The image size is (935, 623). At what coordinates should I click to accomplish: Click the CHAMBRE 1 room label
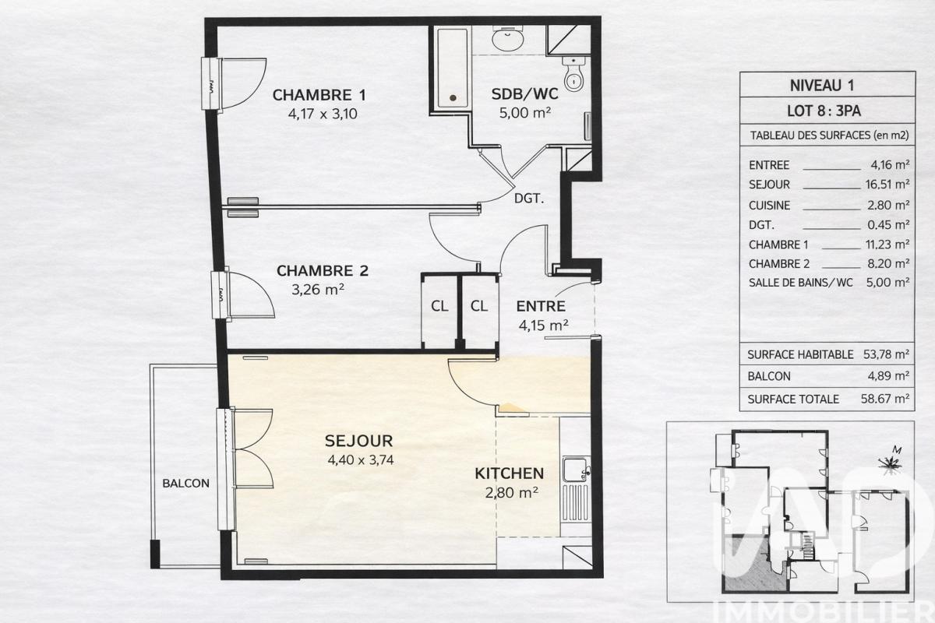coord(319,95)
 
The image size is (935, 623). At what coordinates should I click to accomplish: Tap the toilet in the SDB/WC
coord(574,74)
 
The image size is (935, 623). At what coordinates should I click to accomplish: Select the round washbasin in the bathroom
coord(508,39)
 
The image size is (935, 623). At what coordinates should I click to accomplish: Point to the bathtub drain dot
coord(453,98)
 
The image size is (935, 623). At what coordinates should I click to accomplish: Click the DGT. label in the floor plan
coord(529,199)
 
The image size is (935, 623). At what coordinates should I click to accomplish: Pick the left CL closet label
coord(439,306)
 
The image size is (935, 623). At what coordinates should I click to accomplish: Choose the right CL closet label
coord(478,306)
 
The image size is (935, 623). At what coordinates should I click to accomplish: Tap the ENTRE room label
coord(541,306)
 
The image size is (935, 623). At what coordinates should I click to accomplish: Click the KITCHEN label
coord(510,473)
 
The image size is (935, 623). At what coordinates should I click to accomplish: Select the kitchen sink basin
coord(574,470)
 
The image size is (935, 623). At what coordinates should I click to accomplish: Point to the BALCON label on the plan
coord(185,483)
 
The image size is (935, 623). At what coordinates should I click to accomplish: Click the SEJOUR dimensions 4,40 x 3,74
coord(361,459)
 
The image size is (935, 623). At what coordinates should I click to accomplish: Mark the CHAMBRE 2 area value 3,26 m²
coord(318,289)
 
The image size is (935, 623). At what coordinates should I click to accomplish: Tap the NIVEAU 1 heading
coord(822,86)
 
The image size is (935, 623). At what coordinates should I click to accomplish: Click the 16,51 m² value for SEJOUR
coord(887,185)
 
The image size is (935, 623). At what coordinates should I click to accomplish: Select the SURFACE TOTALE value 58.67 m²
coord(885,399)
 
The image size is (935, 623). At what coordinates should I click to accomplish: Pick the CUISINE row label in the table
coord(769,206)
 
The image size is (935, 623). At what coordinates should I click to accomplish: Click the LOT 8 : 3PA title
coord(824,111)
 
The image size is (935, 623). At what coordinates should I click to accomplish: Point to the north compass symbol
coord(891,461)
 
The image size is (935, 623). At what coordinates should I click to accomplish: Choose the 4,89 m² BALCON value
coord(889,376)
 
